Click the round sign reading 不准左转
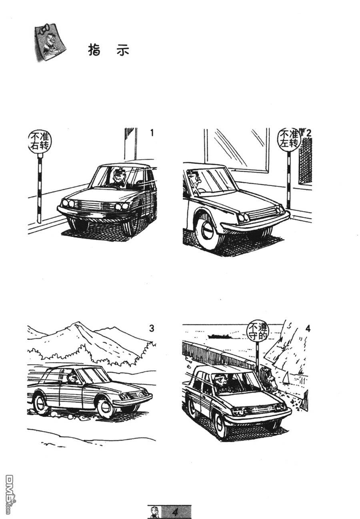289,140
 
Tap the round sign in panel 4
258,332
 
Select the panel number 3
152,328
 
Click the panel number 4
308,328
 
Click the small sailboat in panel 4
286,377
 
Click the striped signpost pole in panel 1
40,188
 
